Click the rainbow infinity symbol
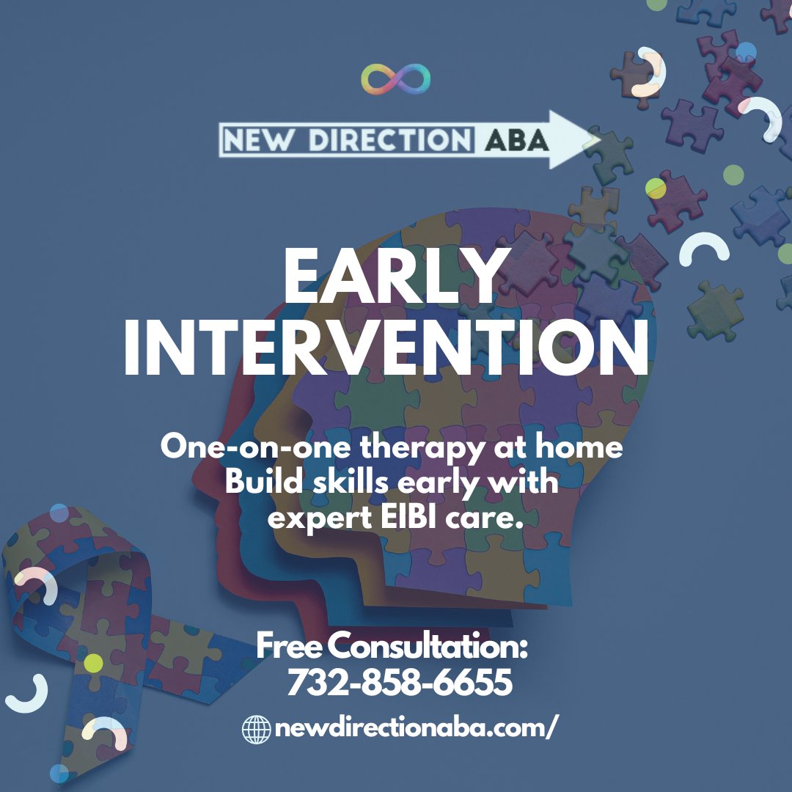click(396, 80)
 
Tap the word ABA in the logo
click(516, 140)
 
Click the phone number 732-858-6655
click(399, 684)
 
